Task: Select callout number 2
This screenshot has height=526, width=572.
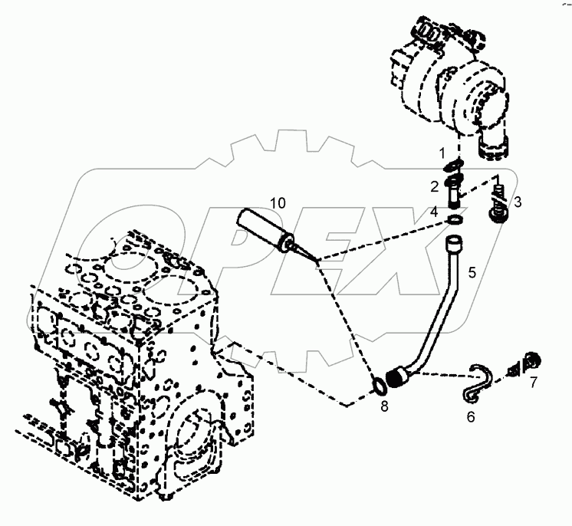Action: point(433,186)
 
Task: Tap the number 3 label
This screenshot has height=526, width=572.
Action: point(518,202)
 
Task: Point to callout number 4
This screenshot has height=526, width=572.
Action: point(433,210)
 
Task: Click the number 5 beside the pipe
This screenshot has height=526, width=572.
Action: point(472,271)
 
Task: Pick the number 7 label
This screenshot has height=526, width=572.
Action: point(534,381)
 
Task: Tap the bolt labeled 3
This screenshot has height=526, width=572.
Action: point(498,205)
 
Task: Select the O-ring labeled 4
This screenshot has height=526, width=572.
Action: point(454,220)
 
